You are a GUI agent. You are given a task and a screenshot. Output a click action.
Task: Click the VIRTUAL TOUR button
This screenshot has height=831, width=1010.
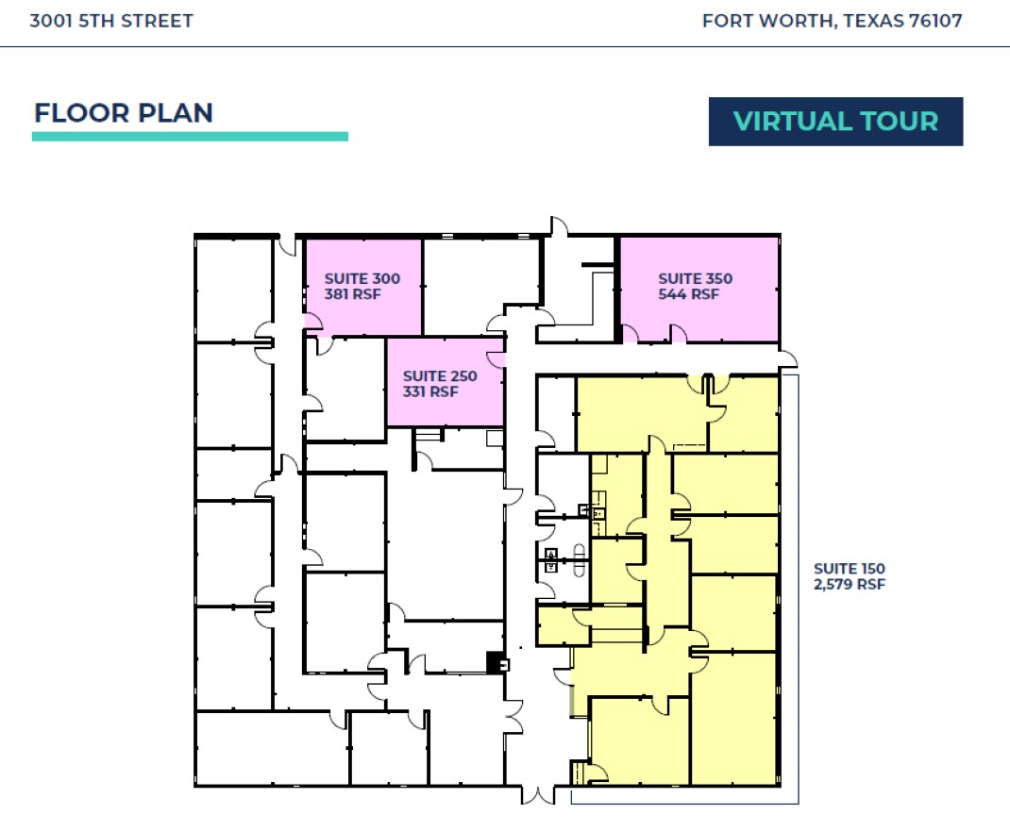coord(835,122)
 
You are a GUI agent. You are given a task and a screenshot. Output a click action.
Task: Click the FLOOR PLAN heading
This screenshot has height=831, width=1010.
coord(124,113)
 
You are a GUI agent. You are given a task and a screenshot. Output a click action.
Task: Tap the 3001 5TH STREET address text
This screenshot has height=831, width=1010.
coord(111,22)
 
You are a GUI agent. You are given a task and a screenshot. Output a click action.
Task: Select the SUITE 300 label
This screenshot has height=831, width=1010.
coord(362,278)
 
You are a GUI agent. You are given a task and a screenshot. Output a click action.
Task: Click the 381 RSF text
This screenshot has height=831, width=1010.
coord(352,294)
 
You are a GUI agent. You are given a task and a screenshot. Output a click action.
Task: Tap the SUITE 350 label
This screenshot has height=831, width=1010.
coord(695,278)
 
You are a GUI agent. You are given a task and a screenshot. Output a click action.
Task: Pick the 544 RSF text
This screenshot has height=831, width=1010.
coord(688,294)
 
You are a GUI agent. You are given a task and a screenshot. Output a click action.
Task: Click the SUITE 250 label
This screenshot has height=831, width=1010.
coord(440,376)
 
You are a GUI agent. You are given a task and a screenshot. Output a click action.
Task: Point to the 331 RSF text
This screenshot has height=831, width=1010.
coord(430,391)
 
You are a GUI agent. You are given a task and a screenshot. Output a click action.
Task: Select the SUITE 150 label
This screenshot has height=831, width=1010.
coord(849,569)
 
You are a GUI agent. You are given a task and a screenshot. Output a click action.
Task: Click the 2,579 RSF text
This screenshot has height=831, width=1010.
coord(849,584)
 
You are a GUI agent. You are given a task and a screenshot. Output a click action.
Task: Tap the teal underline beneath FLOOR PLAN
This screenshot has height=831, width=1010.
coord(190,137)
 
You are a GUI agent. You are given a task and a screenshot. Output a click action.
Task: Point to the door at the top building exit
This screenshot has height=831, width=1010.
coord(560,226)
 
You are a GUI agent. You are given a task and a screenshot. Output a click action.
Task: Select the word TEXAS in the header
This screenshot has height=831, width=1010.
coord(872,22)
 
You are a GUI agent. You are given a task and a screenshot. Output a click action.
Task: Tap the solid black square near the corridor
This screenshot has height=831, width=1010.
coord(494,663)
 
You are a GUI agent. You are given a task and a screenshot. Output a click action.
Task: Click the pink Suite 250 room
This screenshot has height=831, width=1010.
coord(446,382)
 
